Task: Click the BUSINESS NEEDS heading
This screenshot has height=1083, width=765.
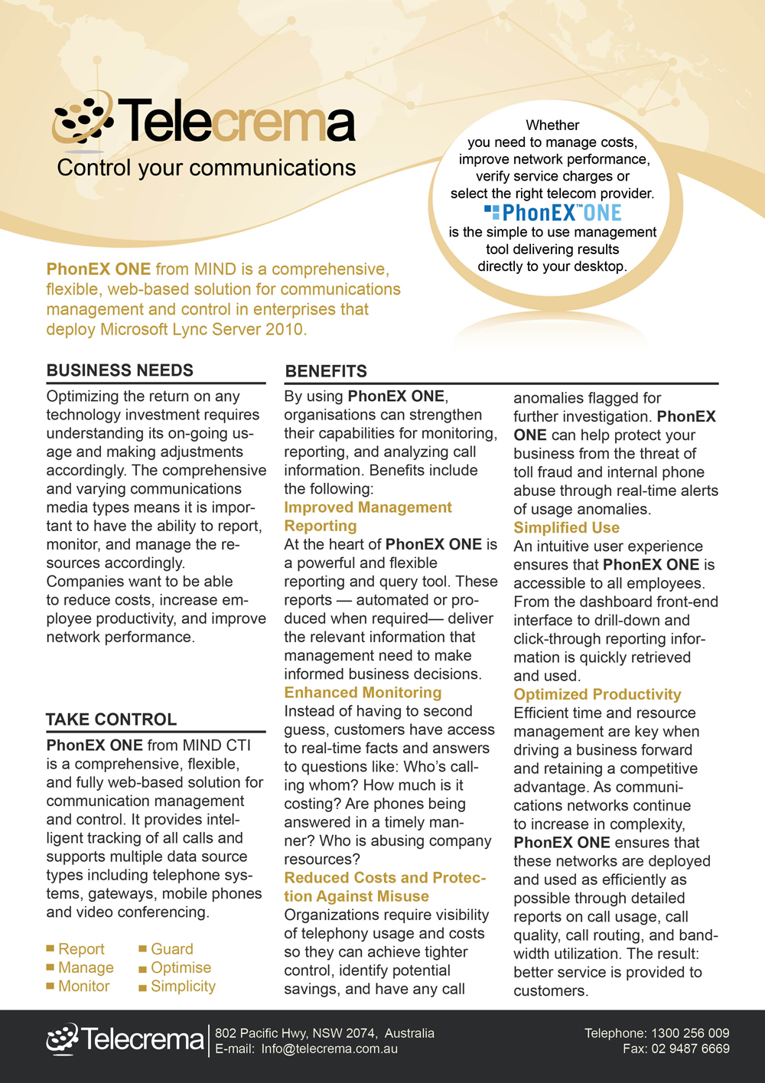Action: pyautogui.click(x=120, y=370)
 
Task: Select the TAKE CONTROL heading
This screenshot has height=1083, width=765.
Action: pyautogui.click(x=112, y=719)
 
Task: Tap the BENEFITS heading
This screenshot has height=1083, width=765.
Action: pyautogui.click(x=326, y=372)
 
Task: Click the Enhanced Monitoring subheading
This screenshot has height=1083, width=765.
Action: pyautogui.click(x=363, y=693)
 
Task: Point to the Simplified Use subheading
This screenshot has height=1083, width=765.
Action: pyautogui.click(x=566, y=527)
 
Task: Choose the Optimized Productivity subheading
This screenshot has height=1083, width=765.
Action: pyautogui.click(x=597, y=694)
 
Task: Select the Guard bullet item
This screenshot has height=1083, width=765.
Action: pyautogui.click(x=171, y=949)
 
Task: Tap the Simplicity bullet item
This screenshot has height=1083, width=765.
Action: pyautogui.click(x=183, y=987)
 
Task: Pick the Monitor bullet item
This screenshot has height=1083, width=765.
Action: pyautogui.click(x=83, y=987)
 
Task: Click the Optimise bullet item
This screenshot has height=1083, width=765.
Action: pyautogui.click(x=181, y=968)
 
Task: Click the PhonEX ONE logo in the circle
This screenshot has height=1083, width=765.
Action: pyautogui.click(x=553, y=213)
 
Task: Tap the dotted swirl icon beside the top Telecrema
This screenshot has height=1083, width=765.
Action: pyautogui.click(x=83, y=119)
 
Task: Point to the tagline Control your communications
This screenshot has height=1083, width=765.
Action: pyautogui.click(x=207, y=168)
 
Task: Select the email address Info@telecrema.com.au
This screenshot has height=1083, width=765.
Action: pyautogui.click(x=329, y=1049)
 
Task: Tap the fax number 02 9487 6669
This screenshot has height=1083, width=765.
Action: pyautogui.click(x=690, y=1049)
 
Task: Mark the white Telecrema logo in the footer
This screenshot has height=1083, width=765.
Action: pyautogui.click(x=125, y=1039)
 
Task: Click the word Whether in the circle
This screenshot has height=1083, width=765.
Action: pyautogui.click(x=552, y=126)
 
